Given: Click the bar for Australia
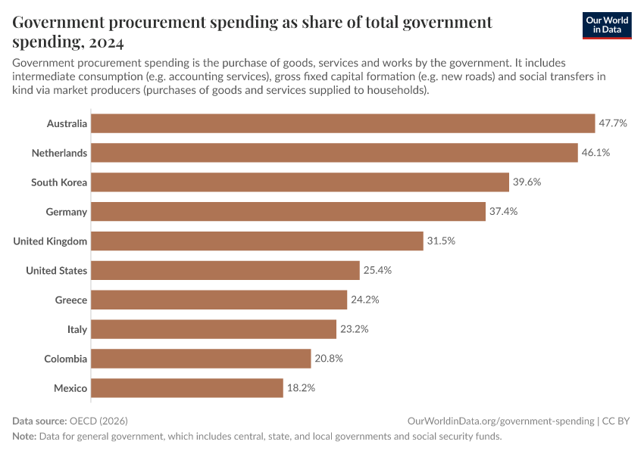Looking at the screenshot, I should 343,123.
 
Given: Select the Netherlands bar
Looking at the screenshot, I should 335,153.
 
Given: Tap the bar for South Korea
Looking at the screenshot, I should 300,182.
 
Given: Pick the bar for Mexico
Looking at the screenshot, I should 187,388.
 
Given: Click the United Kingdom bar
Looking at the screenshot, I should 258,241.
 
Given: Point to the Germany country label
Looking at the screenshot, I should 66,212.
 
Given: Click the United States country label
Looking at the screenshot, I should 56,271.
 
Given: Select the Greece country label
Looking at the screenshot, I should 70,300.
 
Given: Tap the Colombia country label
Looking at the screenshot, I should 65,359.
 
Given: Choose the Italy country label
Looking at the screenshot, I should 77,330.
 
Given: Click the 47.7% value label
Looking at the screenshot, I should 613,123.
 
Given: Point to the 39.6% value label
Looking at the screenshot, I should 527,182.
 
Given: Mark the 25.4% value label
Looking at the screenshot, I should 377,271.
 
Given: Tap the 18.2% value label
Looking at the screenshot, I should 301,388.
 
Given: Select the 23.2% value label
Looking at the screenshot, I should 354,330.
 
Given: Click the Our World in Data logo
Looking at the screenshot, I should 607,25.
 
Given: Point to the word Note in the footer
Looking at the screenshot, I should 25,437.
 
